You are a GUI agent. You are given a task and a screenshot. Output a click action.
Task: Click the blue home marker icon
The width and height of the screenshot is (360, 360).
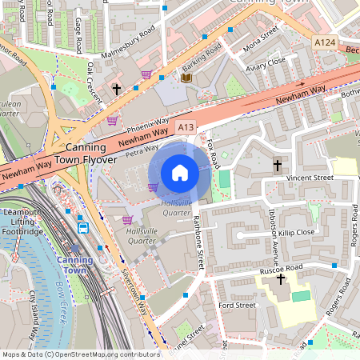tap(180, 173)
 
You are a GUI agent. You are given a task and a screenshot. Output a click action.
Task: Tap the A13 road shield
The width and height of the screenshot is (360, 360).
tap(186, 126)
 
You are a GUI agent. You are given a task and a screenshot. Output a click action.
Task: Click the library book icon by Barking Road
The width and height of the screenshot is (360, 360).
tap(186, 78)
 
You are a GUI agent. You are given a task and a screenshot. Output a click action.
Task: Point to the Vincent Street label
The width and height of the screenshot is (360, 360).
tap(311, 177)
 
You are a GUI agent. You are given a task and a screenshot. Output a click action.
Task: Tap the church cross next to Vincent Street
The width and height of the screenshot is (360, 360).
tap(277, 165)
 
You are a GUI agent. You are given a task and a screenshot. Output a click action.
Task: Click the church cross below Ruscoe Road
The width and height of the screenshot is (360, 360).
tap(281, 279)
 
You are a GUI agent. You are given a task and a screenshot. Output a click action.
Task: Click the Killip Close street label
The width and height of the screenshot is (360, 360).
tap(298, 231)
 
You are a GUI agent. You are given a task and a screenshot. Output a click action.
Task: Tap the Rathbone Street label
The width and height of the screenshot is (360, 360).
tap(197, 242)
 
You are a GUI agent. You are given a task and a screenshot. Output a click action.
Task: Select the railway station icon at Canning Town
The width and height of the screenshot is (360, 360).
tap(83, 227)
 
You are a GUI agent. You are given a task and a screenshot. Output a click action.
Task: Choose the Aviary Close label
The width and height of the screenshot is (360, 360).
tap(266, 62)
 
